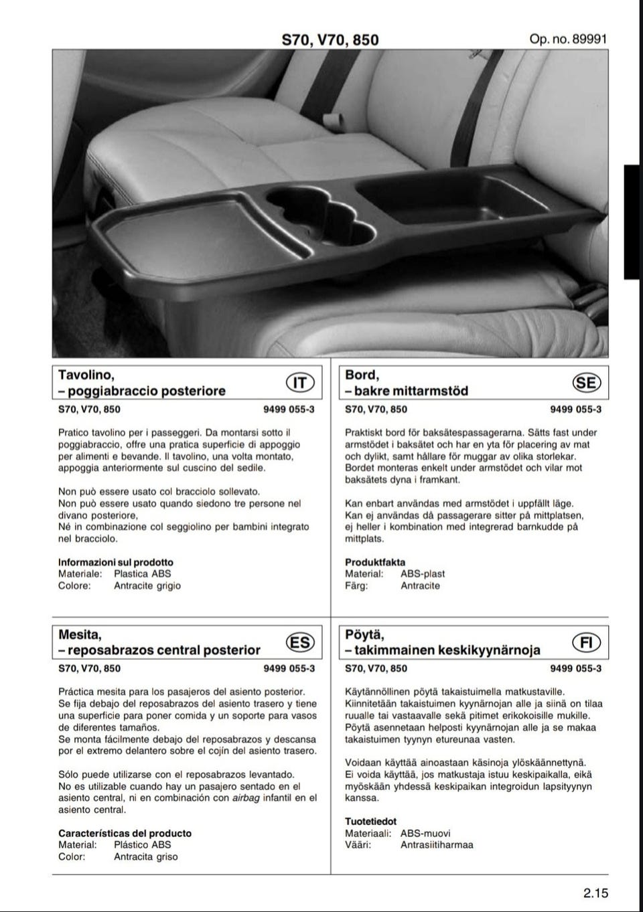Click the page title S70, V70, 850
(330, 39)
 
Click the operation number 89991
(568, 39)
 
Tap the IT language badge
(301, 382)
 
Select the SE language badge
(587, 382)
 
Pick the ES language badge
(299, 642)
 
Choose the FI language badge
(587, 642)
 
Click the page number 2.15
(595, 893)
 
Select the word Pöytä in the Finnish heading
(364, 634)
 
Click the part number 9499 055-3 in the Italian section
(289, 409)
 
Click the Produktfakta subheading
(375, 562)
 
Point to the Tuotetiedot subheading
(370, 821)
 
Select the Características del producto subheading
(125, 833)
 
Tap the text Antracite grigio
(147, 585)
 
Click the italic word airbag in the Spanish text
(246, 798)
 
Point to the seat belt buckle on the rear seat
(330, 121)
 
